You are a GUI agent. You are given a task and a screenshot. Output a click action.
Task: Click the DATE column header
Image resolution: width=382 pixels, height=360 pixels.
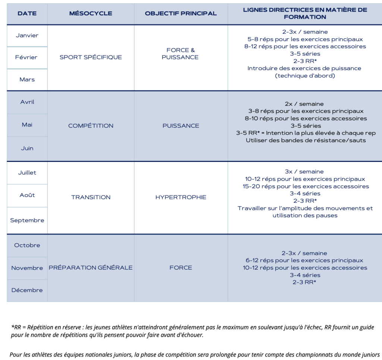(x=27, y=13)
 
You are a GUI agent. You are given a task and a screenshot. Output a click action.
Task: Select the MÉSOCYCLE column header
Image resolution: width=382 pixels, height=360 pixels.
(x=91, y=13)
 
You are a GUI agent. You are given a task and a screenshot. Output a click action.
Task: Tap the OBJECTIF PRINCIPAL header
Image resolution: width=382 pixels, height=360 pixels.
(x=181, y=13)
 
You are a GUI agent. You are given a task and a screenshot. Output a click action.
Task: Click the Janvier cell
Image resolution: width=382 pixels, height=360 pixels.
(x=27, y=35)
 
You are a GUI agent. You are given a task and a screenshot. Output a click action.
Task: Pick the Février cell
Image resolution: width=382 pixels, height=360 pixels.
(x=27, y=57)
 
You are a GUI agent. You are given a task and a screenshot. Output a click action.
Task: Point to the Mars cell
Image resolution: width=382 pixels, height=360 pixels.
(x=27, y=79)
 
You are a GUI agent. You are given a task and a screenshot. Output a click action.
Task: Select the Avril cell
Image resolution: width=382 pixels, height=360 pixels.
(x=27, y=102)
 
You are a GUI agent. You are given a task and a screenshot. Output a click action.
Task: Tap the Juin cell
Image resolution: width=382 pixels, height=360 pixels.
(x=27, y=148)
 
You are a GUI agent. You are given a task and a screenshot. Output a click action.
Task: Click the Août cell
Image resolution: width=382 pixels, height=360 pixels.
(x=27, y=195)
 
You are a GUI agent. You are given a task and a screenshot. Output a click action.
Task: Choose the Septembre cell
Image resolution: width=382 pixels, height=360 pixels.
(x=27, y=220)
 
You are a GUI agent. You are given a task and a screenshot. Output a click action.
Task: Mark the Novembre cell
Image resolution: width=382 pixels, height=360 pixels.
(x=27, y=268)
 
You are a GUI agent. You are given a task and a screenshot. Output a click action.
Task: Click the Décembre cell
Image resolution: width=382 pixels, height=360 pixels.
(x=27, y=290)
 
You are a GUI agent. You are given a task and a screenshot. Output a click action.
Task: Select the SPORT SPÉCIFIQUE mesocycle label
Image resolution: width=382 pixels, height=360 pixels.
(x=91, y=57)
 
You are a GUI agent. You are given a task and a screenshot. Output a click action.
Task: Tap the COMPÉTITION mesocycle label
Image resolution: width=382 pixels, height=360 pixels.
(x=91, y=126)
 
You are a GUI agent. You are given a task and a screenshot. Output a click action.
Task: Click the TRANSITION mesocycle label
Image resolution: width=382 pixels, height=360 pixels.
(x=91, y=197)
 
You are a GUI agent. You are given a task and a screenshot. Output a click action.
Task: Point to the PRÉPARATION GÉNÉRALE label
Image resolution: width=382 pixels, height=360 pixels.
(x=91, y=267)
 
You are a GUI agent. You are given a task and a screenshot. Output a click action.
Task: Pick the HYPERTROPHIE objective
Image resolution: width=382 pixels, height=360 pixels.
(x=181, y=197)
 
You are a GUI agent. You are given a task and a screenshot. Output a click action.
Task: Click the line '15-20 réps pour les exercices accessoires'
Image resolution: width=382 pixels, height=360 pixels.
(x=306, y=186)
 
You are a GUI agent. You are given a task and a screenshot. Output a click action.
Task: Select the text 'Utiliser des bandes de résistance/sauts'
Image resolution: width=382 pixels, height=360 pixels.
(x=306, y=140)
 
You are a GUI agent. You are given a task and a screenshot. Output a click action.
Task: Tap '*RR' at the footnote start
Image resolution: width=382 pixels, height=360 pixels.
(x=16, y=327)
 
